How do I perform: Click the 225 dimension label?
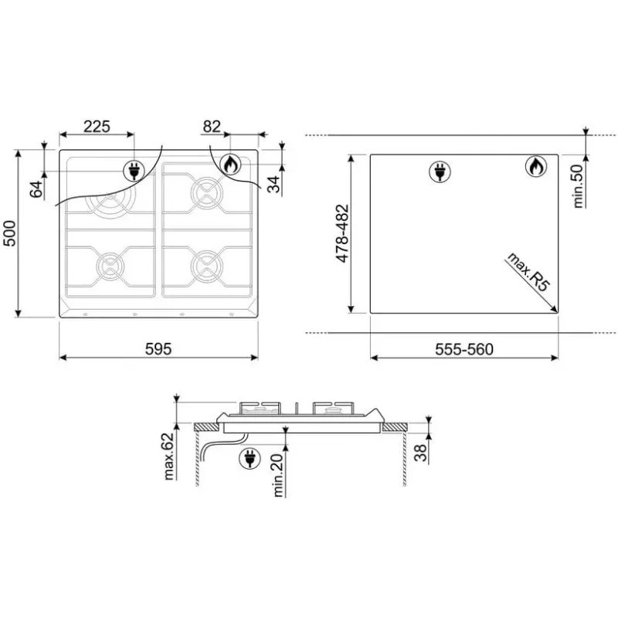coord(97,127)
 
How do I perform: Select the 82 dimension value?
coord(212,127)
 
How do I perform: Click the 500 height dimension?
coord(9,234)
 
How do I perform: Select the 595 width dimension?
coord(158,349)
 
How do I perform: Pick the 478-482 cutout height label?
coord(342,233)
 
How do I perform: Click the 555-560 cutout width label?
coord(464,349)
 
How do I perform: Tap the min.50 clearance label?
coord(578,186)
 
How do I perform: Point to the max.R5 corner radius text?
coord(528,272)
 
